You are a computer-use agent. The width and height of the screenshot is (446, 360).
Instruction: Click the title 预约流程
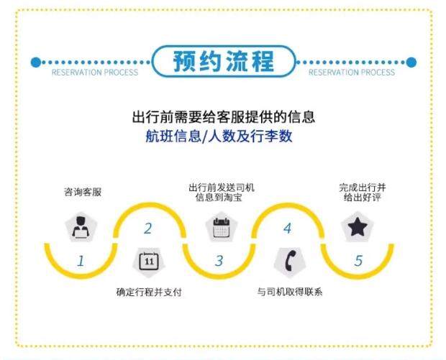click(224, 62)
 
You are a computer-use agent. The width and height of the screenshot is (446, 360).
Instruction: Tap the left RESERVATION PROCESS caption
click(94, 73)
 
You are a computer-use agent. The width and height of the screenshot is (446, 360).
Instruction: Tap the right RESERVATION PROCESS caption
click(352, 73)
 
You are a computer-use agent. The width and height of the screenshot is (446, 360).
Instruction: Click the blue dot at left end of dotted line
click(35, 63)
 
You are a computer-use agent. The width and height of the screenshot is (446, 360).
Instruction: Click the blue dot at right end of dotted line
click(411, 63)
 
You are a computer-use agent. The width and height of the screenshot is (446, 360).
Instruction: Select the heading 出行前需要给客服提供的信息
click(223, 116)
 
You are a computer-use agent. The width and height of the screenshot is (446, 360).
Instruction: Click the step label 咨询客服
click(83, 193)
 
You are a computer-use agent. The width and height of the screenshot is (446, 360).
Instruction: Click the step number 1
click(81, 262)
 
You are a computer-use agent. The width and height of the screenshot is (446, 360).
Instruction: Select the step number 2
click(148, 229)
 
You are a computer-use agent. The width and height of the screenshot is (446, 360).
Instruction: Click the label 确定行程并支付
click(149, 292)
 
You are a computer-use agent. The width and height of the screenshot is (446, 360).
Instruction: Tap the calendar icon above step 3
click(220, 228)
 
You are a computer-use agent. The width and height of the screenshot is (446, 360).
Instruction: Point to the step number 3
click(219, 262)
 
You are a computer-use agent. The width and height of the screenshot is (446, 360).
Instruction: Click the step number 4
click(288, 229)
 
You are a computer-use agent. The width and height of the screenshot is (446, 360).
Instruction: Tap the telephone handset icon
click(288, 260)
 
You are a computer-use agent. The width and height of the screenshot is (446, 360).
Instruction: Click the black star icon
click(358, 228)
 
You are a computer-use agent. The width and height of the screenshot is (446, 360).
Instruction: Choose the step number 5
click(358, 262)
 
